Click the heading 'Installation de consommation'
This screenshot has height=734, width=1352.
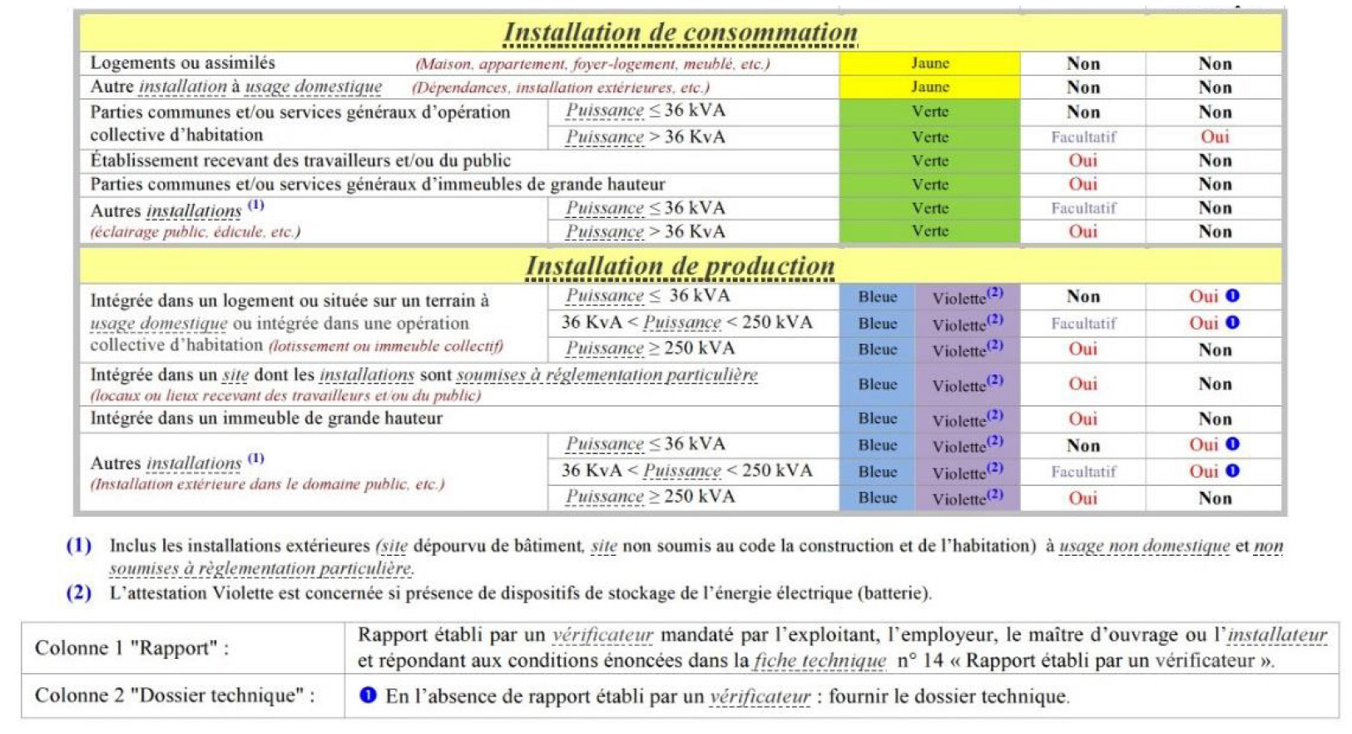(x=680, y=32)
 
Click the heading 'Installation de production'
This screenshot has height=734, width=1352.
(x=680, y=266)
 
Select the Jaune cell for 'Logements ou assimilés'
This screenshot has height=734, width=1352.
(x=929, y=63)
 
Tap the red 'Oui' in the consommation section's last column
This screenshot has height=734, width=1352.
(x=1214, y=136)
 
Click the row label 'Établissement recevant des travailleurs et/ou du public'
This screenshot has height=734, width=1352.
(x=300, y=161)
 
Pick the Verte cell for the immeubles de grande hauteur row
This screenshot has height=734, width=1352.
(x=929, y=185)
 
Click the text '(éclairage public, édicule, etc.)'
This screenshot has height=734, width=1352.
(x=196, y=232)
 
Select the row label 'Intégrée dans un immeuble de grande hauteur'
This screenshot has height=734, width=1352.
(x=266, y=419)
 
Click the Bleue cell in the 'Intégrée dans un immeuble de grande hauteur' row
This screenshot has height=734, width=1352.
(x=877, y=419)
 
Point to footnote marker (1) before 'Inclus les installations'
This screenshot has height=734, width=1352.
(x=79, y=546)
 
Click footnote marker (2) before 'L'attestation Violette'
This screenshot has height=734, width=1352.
(x=79, y=593)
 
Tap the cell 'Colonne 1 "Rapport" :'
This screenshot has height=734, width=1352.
(x=131, y=648)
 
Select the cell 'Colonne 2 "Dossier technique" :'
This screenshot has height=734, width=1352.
(x=175, y=696)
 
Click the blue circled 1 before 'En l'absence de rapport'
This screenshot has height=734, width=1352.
(x=368, y=695)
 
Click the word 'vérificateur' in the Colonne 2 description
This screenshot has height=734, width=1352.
(x=759, y=697)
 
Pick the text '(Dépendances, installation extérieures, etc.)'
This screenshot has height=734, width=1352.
(x=561, y=87)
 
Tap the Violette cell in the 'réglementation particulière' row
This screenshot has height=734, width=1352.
(x=966, y=384)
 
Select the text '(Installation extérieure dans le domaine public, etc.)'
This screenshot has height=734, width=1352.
(x=267, y=484)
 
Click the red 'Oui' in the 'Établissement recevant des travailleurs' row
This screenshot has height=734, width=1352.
(x=1082, y=161)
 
